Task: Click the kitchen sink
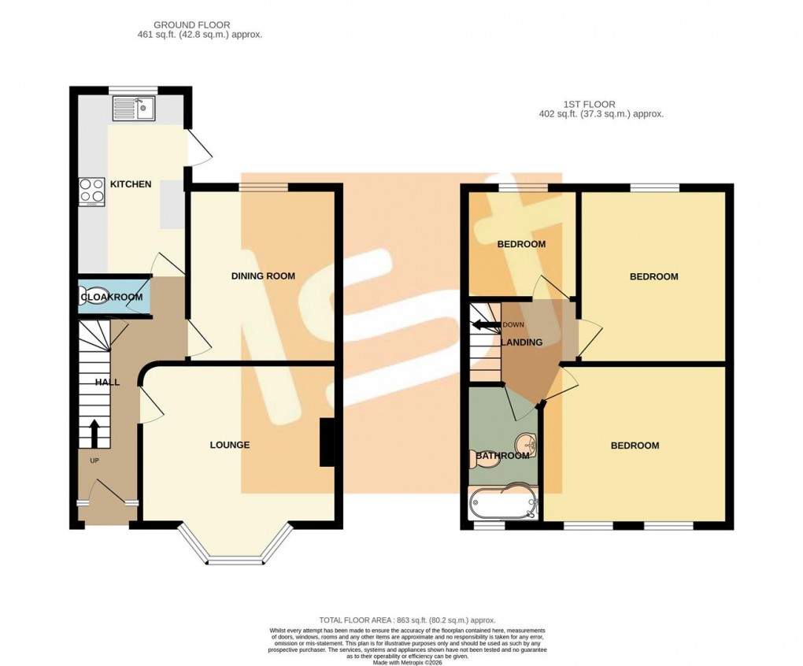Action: pos(133,108)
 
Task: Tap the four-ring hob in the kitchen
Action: pos(92,191)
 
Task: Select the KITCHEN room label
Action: pos(131,184)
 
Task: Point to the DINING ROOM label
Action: pos(263,276)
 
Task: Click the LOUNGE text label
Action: pos(229,445)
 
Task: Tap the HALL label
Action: pos(107,382)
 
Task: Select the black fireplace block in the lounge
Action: pos(326,442)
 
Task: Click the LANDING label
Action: pos(522,342)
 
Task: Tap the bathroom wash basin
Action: pos(526,444)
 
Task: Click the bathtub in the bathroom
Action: pos(503,503)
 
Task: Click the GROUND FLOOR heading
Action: pos(192,25)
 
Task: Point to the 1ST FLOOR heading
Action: pos(589,104)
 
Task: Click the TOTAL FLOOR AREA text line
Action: pos(407,620)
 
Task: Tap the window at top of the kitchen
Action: pos(131,89)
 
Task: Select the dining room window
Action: pos(264,187)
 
